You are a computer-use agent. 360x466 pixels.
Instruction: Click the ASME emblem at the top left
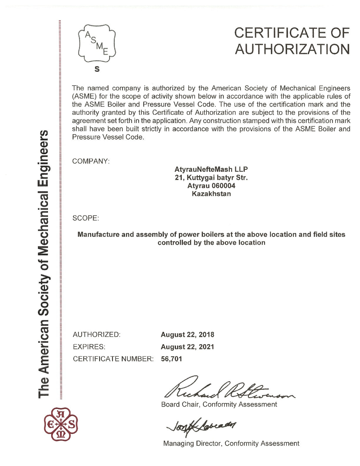click(x=97, y=43)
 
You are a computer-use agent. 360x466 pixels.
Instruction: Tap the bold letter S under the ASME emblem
click(x=97, y=69)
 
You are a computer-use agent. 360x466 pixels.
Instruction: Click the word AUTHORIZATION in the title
click(x=292, y=49)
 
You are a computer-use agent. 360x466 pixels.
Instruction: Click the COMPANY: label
click(x=91, y=161)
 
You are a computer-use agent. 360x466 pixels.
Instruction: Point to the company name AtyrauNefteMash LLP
click(x=211, y=169)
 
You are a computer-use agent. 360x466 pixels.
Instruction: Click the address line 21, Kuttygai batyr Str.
click(x=211, y=178)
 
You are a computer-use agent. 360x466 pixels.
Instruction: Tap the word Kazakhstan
click(x=211, y=194)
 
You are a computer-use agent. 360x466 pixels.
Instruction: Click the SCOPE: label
click(x=86, y=218)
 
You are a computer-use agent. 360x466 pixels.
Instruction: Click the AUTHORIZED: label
click(x=96, y=334)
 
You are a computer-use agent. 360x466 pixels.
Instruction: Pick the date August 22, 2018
click(x=187, y=335)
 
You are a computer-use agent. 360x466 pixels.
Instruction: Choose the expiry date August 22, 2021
click(x=187, y=347)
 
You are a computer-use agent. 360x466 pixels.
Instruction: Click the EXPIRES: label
click(x=89, y=347)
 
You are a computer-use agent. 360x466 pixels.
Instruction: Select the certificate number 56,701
click(x=171, y=359)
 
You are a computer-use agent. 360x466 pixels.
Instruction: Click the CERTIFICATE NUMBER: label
click(x=113, y=359)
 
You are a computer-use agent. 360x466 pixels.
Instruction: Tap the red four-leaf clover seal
click(x=61, y=424)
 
